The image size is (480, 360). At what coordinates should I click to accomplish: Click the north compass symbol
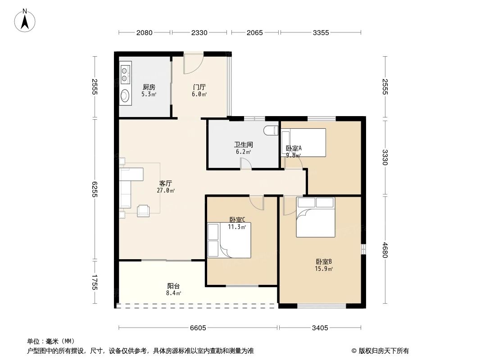point(26,20)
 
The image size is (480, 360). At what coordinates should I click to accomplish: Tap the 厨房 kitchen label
point(149,90)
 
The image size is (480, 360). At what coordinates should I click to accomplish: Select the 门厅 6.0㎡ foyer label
point(199,90)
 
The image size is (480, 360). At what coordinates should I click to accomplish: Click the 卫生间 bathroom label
point(243,148)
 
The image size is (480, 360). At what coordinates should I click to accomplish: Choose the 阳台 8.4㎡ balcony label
point(174,289)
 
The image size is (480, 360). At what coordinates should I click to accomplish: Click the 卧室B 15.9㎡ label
point(324,265)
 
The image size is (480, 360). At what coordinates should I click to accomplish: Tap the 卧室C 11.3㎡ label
point(237,223)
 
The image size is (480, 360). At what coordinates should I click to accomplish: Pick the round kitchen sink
point(125,95)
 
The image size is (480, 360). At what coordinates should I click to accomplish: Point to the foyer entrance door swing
point(193,64)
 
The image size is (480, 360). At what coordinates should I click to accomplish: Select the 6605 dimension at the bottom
point(198,328)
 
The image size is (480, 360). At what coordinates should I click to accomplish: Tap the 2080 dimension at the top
point(145,32)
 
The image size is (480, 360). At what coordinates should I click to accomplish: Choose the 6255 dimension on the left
point(95,189)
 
